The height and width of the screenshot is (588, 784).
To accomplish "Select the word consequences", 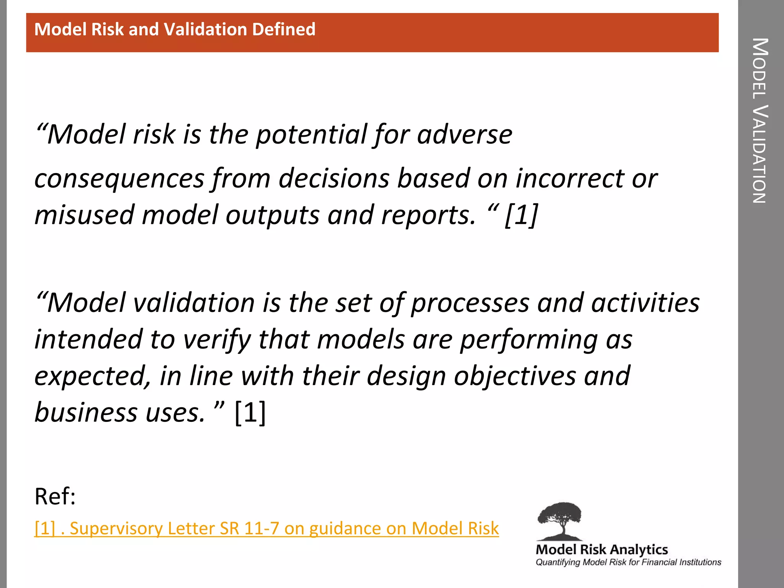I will (x=119, y=179).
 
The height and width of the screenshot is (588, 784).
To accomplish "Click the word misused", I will (x=84, y=215).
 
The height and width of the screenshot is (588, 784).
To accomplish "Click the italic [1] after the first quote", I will (x=521, y=215).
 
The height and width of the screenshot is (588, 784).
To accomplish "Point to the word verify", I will (x=217, y=340).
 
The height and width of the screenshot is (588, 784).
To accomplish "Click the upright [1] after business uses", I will (x=250, y=413).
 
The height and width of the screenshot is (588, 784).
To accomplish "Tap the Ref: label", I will (x=55, y=497).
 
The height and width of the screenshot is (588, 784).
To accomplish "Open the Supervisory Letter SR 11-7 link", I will (x=266, y=529).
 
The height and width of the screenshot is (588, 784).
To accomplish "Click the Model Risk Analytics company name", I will (x=601, y=550).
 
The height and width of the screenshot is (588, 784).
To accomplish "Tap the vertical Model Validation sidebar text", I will (x=760, y=121).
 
